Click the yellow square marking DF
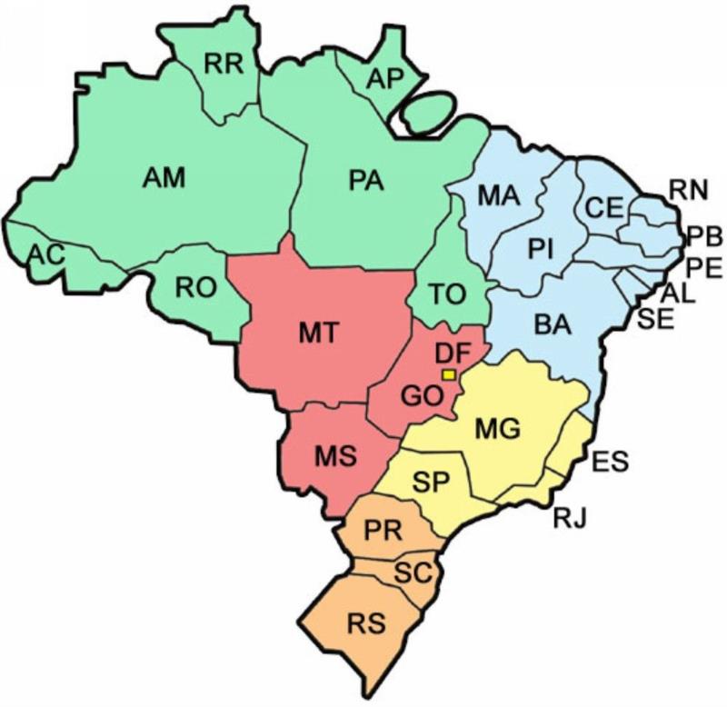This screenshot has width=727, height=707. tap(448, 374)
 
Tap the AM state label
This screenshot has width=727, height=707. tap(164, 177)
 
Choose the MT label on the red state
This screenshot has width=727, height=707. tap(319, 333)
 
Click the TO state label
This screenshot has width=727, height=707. tap(447, 294)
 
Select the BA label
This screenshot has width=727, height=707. tap(553, 324)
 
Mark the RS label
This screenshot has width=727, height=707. tap(366, 624)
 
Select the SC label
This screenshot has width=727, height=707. tap(413, 572)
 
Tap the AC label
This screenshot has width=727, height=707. tap(45, 254)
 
